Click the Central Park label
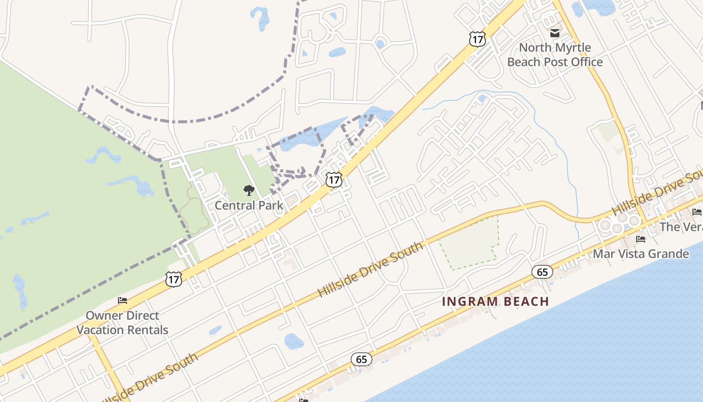249,205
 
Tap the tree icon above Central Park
249,190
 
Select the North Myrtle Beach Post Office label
555,55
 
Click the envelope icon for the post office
555,33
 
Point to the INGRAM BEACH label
495,301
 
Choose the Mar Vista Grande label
641,254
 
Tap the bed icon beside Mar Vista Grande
640,239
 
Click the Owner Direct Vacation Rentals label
123,323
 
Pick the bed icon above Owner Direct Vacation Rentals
123,300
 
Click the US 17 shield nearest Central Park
333,179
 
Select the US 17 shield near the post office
478,39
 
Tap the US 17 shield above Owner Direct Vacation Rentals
174,279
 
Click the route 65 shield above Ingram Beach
542,272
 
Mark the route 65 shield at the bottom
362,359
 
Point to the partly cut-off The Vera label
681,227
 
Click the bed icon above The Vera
696,212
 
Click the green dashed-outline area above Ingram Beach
468,244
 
